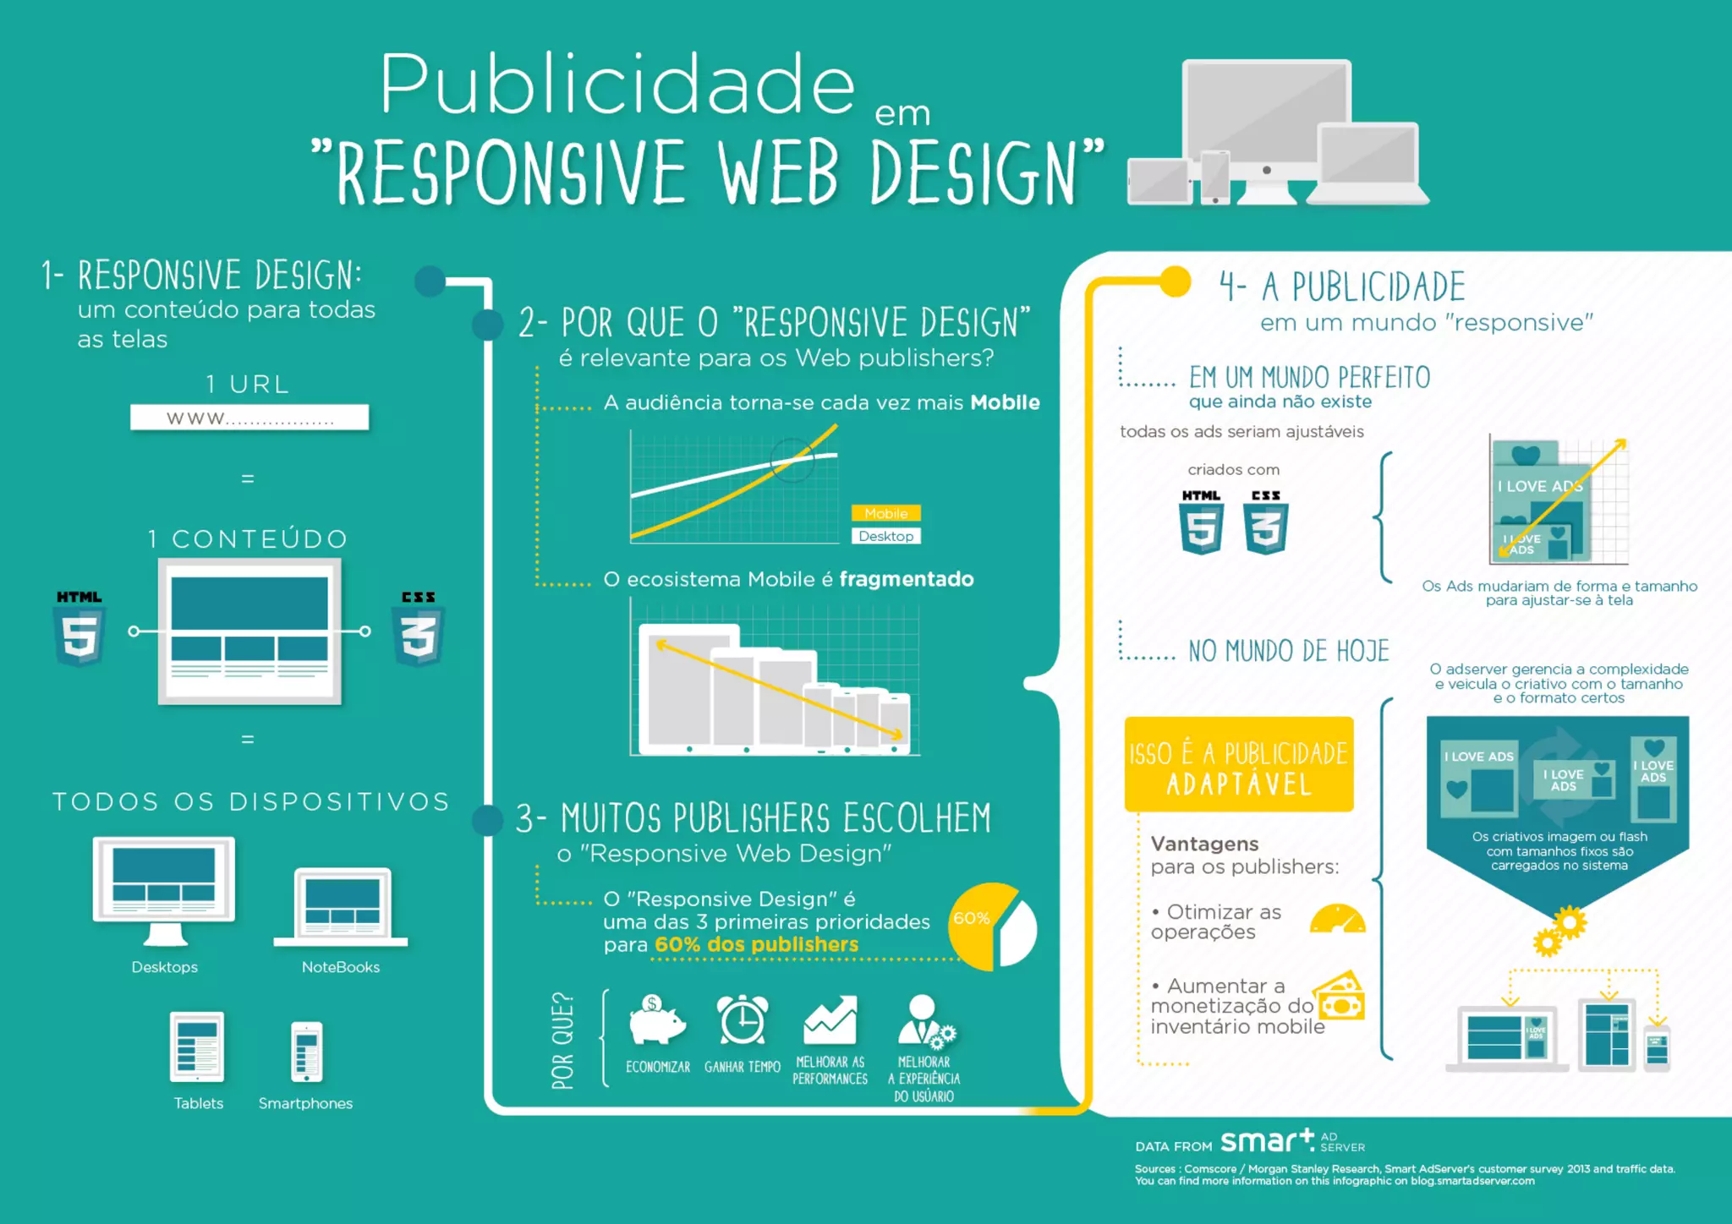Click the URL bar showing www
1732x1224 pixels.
point(249,418)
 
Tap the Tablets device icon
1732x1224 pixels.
point(197,1046)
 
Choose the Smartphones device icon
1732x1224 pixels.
point(306,1052)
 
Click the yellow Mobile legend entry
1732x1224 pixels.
point(885,513)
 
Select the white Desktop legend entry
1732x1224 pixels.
point(885,536)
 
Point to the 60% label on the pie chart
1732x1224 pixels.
point(972,918)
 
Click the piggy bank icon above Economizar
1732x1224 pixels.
point(657,1020)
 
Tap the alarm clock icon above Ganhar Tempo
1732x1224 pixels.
point(742,1020)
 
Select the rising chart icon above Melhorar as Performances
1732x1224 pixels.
point(830,1020)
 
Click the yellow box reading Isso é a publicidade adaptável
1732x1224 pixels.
point(1238,765)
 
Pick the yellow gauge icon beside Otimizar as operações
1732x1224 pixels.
point(1337,920)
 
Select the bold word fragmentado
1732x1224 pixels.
point(906,579)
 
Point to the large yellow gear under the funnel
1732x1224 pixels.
point(1570,922)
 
